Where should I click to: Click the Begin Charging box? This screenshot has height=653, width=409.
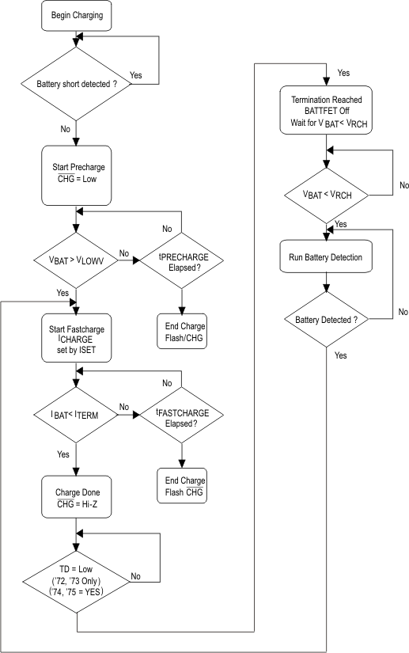point(75,15)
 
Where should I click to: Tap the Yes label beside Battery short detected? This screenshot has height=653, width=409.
point(135,75)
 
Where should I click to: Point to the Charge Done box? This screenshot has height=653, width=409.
point(75,492)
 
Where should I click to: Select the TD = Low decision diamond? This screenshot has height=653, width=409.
point(75,578)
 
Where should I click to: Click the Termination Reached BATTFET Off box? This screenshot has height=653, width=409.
point(327,109)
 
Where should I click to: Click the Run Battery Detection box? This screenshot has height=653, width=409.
point(327,257)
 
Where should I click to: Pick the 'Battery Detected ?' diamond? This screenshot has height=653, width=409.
point(327,319)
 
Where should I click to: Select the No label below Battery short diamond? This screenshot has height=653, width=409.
point(65,127)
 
